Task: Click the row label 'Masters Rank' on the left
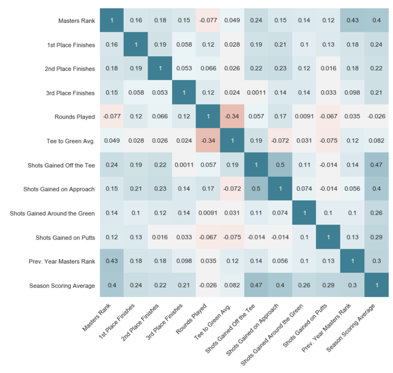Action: [77, 21]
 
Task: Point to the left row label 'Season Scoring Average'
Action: [62, 286]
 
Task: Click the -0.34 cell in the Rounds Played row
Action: [232, 117]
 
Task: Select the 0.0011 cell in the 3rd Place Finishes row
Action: [256, 93]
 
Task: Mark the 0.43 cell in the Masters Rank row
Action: [352, 21]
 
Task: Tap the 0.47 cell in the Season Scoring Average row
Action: [256, 286]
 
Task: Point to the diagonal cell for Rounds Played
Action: [208, 117]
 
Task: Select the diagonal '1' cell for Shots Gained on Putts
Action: [328, 238]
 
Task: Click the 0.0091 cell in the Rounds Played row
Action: [304, 117]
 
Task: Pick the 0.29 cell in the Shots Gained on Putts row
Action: [376, 238]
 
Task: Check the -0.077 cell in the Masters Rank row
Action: [208, 21]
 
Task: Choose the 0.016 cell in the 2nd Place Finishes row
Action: [328, 69]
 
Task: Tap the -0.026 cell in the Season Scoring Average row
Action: [208, 286]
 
